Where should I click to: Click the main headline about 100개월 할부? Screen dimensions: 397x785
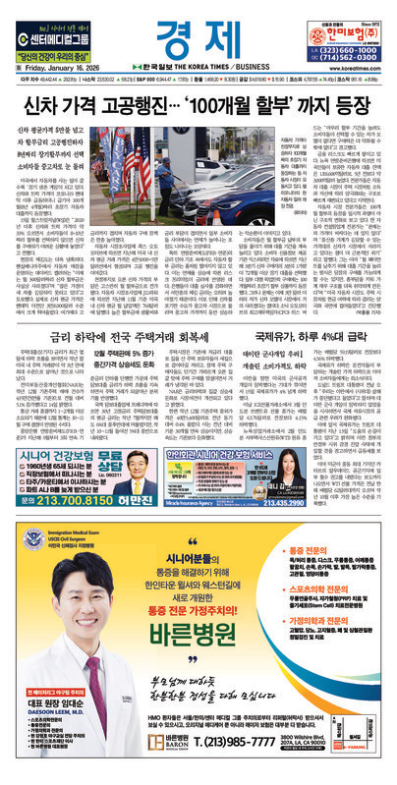tap(197, 99)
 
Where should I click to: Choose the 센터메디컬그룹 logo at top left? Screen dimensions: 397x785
tap(53, 28)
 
